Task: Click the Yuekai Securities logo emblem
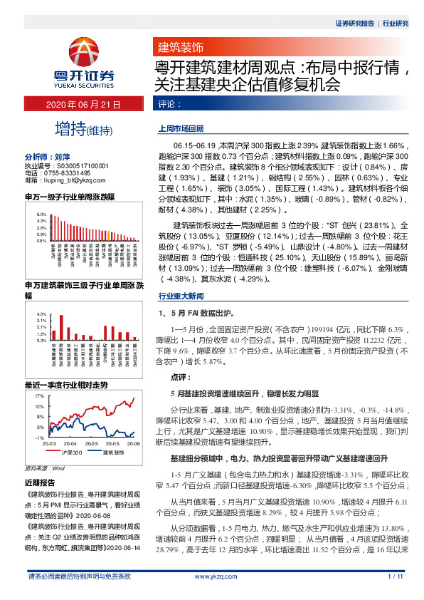point(85,51)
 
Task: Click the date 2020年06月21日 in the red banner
point(85,104)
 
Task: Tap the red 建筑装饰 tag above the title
point(179,48)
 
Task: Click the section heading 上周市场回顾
point(181,131)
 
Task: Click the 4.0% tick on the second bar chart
point(41,314)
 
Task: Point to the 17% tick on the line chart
point(41,394)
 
